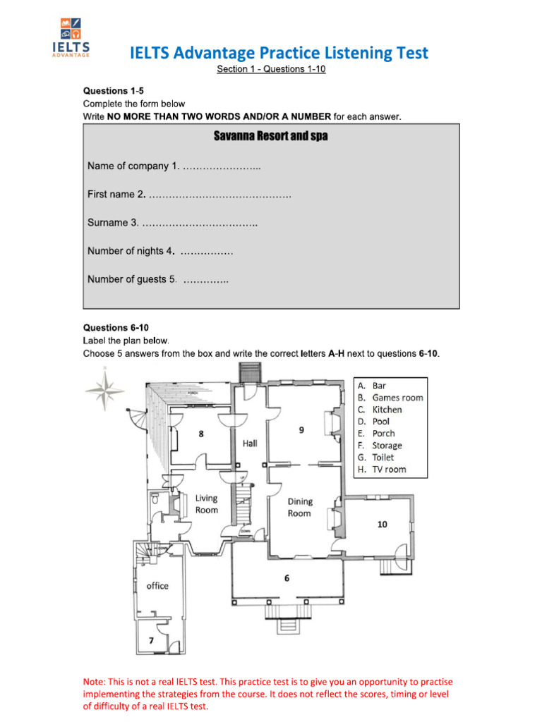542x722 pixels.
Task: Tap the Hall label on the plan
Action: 251,443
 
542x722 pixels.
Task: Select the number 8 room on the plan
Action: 201,434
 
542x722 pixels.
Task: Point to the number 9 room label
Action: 301,429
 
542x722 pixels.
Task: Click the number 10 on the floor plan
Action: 382,524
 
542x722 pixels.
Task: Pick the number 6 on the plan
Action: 287,578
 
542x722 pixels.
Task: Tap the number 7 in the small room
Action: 150,640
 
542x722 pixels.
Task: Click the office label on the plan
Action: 157,586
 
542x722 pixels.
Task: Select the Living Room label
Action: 207,503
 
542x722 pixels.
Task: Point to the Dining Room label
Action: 299,507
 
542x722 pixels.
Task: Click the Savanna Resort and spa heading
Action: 270,136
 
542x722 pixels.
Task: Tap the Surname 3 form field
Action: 199,223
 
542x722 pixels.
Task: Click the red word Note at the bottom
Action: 93,682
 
